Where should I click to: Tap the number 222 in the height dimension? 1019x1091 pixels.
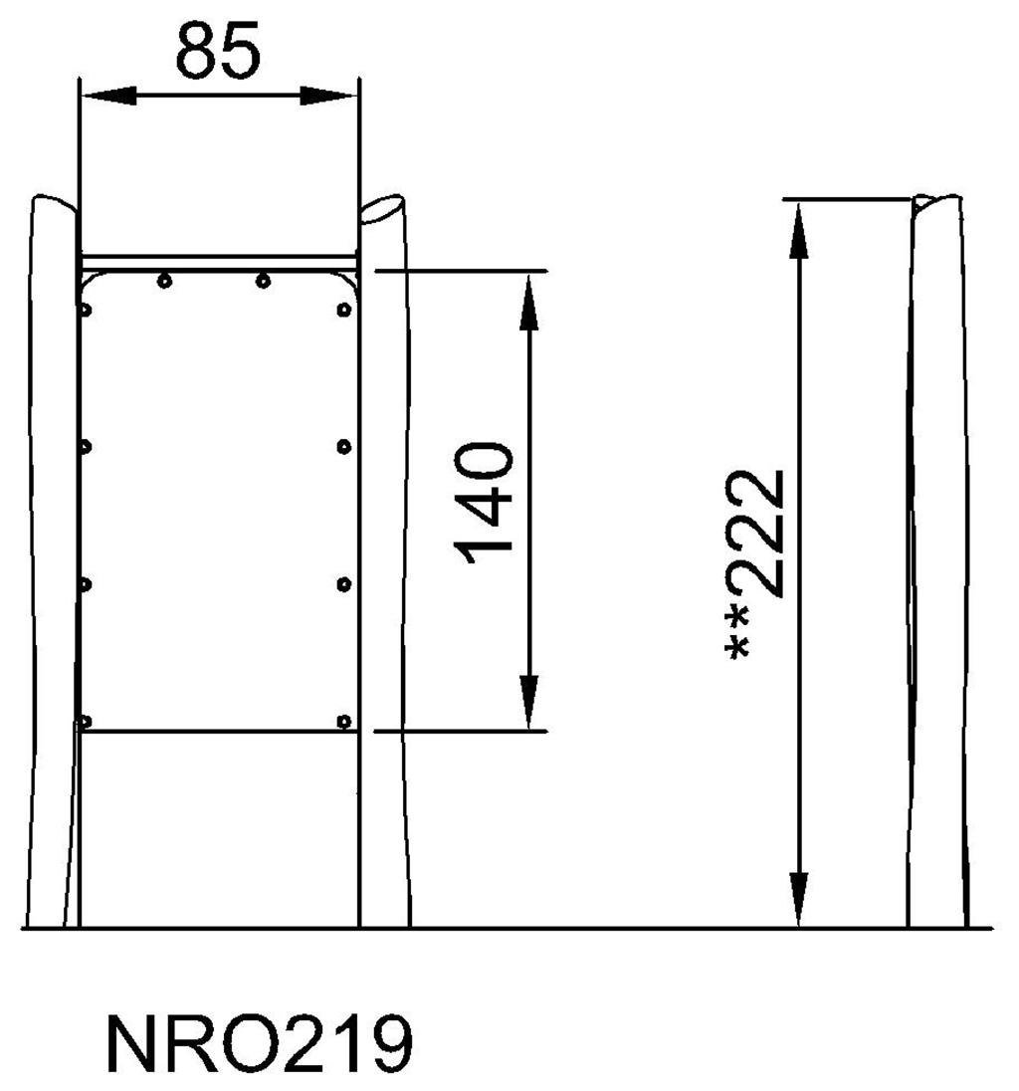click(763, 533)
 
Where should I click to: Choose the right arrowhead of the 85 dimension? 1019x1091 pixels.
click(328, 96)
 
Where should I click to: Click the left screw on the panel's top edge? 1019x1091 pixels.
click(164, 281)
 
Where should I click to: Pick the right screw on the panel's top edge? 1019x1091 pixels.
click(263, 281)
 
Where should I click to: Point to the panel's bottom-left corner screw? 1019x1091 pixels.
click(86, 721)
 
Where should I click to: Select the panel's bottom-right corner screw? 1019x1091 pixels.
click(343, 720)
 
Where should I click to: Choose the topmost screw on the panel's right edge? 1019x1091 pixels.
click(344, 310)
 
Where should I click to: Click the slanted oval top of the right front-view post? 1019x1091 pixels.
click(383, 209)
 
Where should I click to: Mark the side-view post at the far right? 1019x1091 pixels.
click(936, 557)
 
